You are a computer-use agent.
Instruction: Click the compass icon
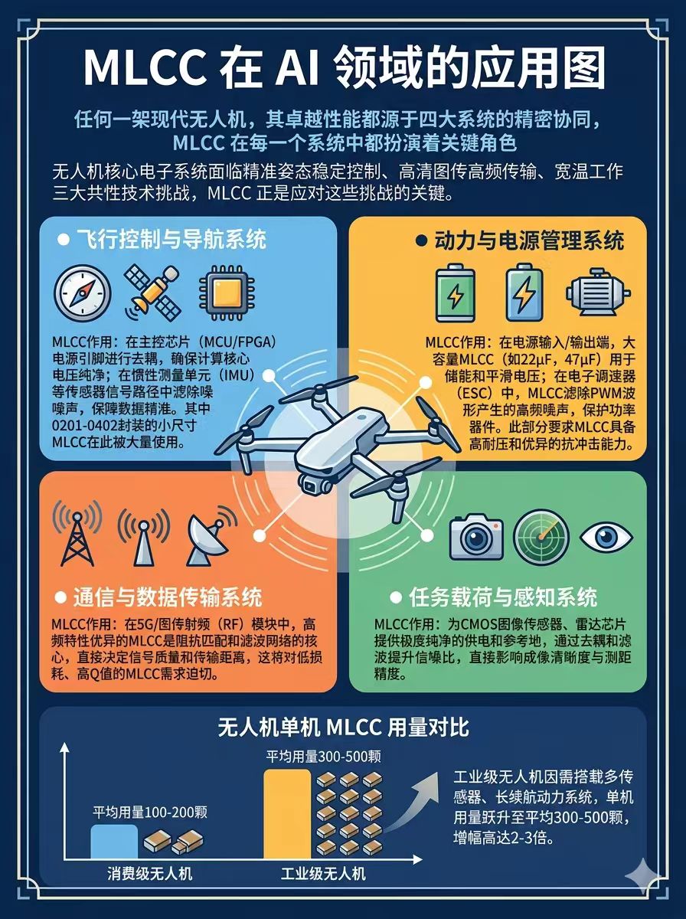pyautogui.click(x=83, y=293)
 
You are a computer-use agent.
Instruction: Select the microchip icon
pyautogui.click(x=227, y=293)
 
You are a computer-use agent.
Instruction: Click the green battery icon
pyautogui.click(x=456, y=293)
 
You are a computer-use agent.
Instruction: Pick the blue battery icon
pyautogui.click(x=524, y=293)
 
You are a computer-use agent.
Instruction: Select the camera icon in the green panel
pyautogui.click(x=476, y=537)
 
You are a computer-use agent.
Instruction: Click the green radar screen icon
pyautogui.click(x=541, y=537)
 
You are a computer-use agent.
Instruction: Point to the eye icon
pyautogui.click(x=606, y=537)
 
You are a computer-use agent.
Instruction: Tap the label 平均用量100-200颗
pyautogui.click(x=150, y=813)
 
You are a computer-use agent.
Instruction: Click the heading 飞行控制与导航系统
pyautogui.click(x=171, y=240)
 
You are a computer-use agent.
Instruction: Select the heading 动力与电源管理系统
pyautogui.click(x=529, y=240)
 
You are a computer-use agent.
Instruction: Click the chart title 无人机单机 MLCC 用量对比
pyautogui.click(x=343, y=728)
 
